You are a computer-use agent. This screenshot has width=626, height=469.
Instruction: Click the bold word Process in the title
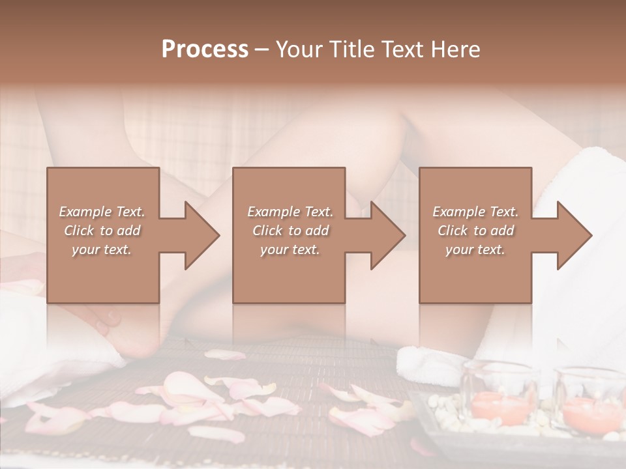click(x=205, y=50)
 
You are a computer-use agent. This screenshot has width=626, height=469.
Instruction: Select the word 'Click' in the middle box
click(x=267, y=231)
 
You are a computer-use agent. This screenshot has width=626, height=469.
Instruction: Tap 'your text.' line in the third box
click(x=475, y=249)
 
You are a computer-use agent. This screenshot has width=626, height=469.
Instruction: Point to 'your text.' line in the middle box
click(x=290, y=249)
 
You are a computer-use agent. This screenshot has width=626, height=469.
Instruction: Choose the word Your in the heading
click(x=298, y=50)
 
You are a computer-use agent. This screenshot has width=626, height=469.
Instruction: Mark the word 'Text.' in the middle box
click(x=318, y=212)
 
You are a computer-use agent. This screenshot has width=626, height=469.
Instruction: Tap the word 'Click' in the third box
click(x=453, y=231)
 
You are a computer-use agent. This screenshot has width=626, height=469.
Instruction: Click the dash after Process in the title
click(x=262, y=50)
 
